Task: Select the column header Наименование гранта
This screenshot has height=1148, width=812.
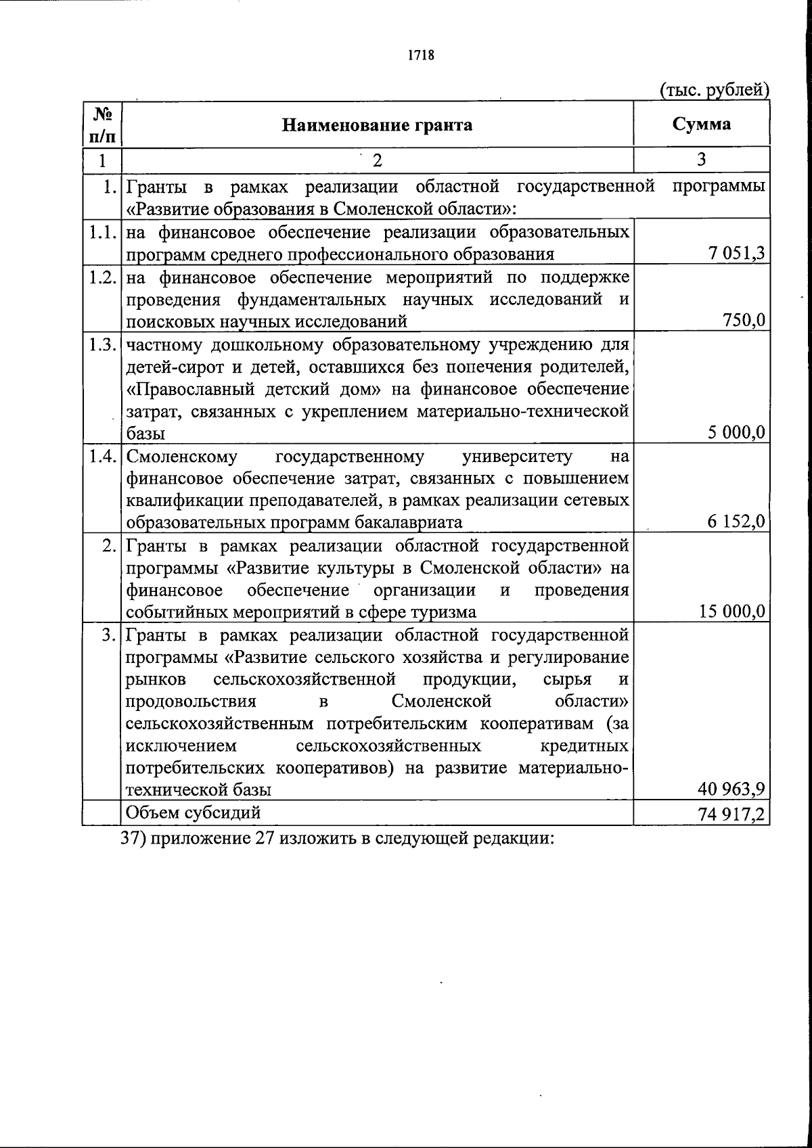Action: pos(377,125)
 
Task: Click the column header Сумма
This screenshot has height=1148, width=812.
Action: pos(701,124)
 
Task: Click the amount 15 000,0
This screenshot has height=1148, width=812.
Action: pos(732,612)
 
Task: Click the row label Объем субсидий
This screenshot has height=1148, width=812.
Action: pos(194,812)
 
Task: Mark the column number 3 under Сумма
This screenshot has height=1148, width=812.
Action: pos(701,160)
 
